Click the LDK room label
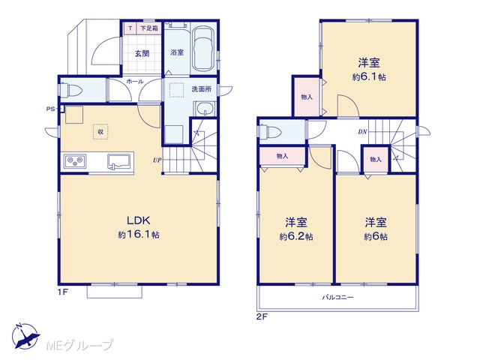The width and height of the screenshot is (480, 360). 138,220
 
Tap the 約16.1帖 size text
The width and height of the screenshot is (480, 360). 139,235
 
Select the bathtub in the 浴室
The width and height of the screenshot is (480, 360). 203,48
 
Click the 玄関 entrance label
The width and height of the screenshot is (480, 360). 142,53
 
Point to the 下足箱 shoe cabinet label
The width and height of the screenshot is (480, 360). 149,28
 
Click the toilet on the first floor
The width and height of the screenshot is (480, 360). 72,90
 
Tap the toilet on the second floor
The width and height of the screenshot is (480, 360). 270,132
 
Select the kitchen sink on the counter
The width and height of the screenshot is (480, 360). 119,161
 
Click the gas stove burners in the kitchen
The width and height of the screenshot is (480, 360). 75,161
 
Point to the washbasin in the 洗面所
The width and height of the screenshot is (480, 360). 205,109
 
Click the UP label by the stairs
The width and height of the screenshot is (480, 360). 157,160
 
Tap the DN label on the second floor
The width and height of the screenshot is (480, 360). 362,132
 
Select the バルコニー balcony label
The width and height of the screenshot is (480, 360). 337,297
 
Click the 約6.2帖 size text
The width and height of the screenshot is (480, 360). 296,237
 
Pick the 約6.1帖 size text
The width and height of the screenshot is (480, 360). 369,76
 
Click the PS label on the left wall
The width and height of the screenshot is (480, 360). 50,108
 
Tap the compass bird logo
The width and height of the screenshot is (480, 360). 25,336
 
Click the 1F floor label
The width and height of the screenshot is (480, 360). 62,292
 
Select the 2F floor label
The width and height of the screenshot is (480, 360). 262,316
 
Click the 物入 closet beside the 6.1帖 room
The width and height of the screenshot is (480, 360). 307,97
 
